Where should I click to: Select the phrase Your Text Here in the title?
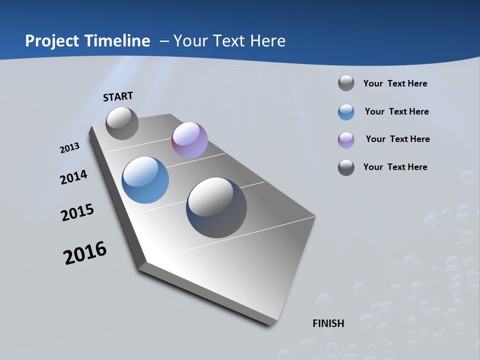[x=229, y=41]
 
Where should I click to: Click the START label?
[x=118, y=96]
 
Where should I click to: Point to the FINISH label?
[x=328, y=323]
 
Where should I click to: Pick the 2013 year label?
[x=69, y=148]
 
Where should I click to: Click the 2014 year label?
[x=73, y=177]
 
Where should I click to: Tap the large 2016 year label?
[x=85, y=253]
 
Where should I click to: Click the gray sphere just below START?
[x=122, y=123]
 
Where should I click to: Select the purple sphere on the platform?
[x=189, y=140]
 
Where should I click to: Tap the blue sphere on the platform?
[x=145, y=180]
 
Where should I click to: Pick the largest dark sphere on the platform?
[x=216, y=207]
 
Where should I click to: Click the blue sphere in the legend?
[x=346, y=112]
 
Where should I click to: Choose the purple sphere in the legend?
[x=346, y=140]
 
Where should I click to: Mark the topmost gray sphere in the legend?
[x=346, y=83]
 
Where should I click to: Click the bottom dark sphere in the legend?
[x=346, y=167]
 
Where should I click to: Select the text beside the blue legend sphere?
[x=396, y=111]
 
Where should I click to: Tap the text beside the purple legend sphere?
[x=397, y=139]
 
